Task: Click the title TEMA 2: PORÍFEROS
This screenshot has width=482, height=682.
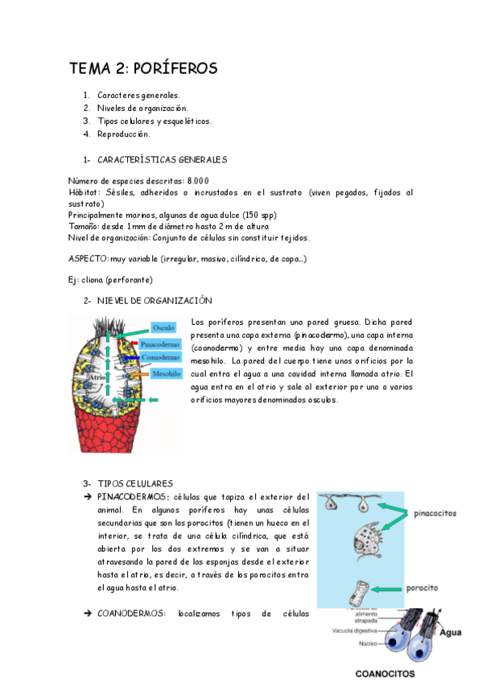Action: coord(143,68)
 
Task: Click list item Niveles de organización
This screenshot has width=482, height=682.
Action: coord(142,108)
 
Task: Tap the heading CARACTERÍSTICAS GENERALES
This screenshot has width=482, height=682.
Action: coord(162,160)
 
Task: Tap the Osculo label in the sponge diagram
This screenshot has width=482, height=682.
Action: coord(163,327)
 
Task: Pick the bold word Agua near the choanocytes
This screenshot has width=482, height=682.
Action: coord(450,633)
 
